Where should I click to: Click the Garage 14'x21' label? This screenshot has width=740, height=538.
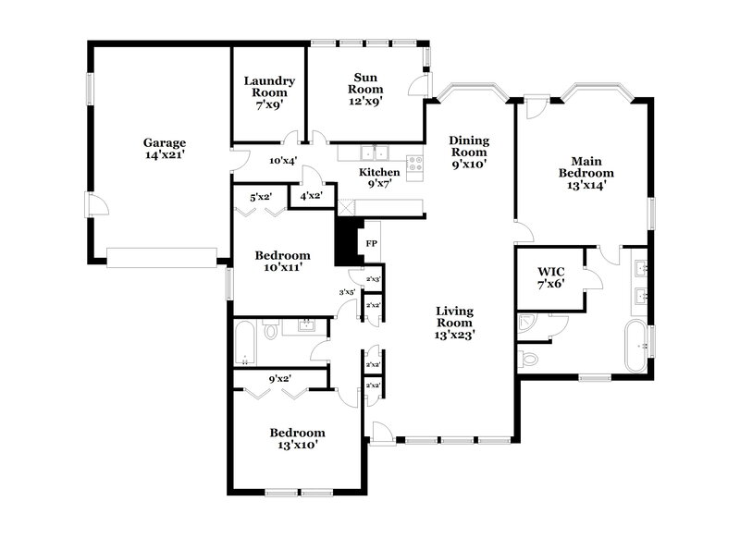pos(164,149)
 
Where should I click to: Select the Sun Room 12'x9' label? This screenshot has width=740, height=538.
pos(364,90)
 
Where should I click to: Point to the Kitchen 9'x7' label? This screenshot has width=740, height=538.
pos(379,177)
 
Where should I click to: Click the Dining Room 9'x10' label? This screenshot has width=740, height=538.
pos(469,152)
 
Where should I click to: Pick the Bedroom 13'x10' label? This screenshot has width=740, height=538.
pos(297,438)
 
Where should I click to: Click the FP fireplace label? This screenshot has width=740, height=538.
pos(372,243)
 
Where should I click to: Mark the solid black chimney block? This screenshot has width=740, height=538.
pos(346,243)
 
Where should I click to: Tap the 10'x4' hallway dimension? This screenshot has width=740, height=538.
pos(282,161)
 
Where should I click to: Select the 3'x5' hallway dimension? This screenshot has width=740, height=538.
pos(347,292)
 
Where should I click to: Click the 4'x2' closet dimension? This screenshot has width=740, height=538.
pos(310,196)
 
